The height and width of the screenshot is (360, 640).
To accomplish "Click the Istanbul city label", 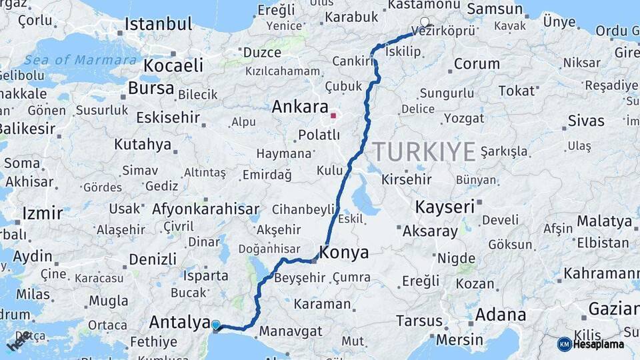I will pos(158,24).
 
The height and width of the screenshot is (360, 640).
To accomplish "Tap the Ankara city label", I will pos(300,107).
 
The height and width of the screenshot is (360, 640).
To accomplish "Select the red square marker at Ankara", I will pos(333,115).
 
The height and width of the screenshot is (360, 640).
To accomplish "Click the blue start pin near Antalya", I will pos(215,325).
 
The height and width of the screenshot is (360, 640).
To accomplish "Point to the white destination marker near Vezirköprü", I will pos(425,22).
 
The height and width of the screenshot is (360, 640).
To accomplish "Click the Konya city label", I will pos(344,253).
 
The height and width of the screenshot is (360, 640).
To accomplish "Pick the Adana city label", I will pos(500,315).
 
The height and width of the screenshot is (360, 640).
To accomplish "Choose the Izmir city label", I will pos(42,213).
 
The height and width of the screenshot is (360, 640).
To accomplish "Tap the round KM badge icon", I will pos(564,344).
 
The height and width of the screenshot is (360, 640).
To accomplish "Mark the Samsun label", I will pos(494,9).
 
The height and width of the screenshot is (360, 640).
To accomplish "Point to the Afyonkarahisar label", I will pos(205,209).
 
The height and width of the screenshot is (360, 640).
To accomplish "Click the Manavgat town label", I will pos(290,331).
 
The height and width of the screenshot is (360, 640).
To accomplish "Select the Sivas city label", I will pos(586,121).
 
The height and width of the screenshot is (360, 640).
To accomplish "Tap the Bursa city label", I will pos(151,88).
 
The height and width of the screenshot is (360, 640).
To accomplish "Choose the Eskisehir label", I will pos(168,118).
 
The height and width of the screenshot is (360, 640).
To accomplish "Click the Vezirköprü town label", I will pos(443,31).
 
